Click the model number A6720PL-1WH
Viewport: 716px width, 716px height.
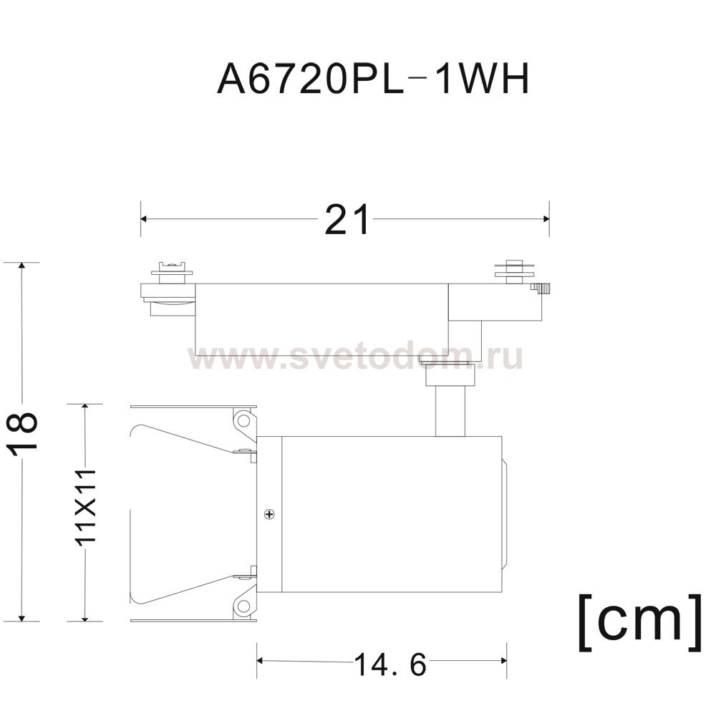[x=373, y=79]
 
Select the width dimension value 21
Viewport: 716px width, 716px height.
[x=347, y=220]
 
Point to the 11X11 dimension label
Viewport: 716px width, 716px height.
[x=87, y=506]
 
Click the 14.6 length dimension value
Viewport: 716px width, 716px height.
[x=390, y=665]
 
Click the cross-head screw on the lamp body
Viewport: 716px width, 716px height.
[x=270, y=515]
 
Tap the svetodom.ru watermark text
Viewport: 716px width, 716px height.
[x=355, y=357]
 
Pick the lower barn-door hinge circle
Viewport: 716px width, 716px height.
[x=244, y=606]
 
